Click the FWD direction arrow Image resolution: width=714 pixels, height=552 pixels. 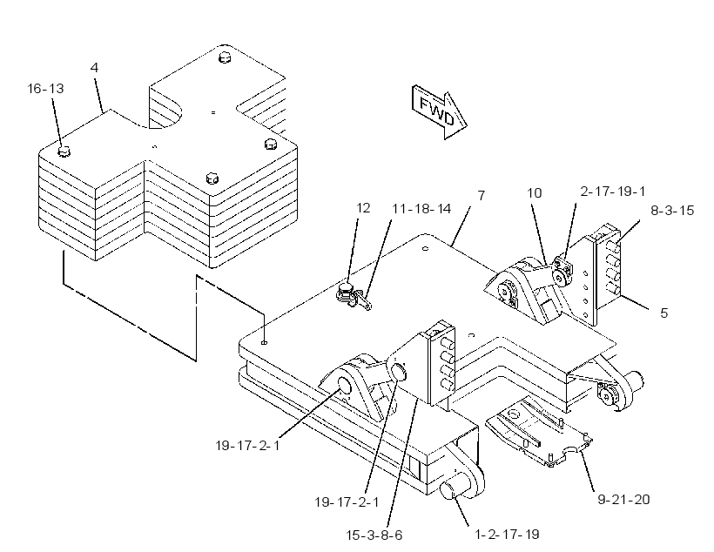coord(439,111)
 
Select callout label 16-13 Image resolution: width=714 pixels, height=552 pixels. coord(45,88)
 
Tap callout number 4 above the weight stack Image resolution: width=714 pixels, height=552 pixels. coord(94,68)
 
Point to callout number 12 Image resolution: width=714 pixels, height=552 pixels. coord(363,208)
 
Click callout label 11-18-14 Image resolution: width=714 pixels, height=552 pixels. coord(421,209)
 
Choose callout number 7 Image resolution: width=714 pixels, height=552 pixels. coord(482,195)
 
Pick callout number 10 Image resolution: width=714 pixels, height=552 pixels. coord(535,193)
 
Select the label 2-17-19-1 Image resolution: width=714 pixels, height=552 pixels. coord(613,192)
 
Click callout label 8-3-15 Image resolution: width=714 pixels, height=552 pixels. coord(672,211)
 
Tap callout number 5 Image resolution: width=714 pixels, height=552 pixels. coord(663,313)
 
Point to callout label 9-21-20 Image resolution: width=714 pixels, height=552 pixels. coord(623,500)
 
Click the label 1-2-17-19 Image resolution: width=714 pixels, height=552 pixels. coord(507,534)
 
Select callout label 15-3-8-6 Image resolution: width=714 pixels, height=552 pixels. coord(374,535)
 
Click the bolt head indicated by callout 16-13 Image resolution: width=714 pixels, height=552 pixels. coord(64,151)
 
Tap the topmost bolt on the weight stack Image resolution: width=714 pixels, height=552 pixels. coord(225,57)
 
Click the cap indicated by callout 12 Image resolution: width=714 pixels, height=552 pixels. coord(347,287)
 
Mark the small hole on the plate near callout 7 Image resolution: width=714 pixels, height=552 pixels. coord(425,249)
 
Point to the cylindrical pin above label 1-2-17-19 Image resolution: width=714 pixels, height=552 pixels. coord(454,488)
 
